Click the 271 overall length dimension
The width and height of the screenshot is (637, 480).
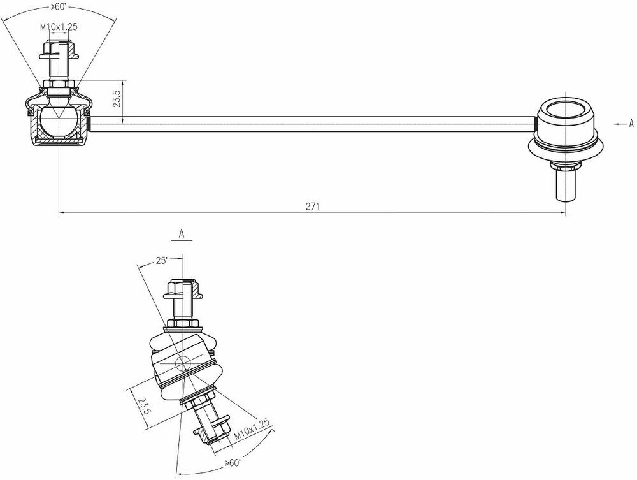tap(313, 206)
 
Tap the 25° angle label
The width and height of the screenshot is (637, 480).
tap(162, 261)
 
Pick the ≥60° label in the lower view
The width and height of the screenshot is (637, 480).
tap(233, 463)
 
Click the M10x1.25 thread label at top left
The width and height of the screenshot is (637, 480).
tap(59, 27)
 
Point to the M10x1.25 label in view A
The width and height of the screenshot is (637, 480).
tap(252, 430)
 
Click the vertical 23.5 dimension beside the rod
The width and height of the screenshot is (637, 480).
tap(117, 98)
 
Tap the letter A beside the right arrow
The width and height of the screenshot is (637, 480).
tap(631, 123)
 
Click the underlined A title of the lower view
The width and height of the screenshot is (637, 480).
tap(182, 234)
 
